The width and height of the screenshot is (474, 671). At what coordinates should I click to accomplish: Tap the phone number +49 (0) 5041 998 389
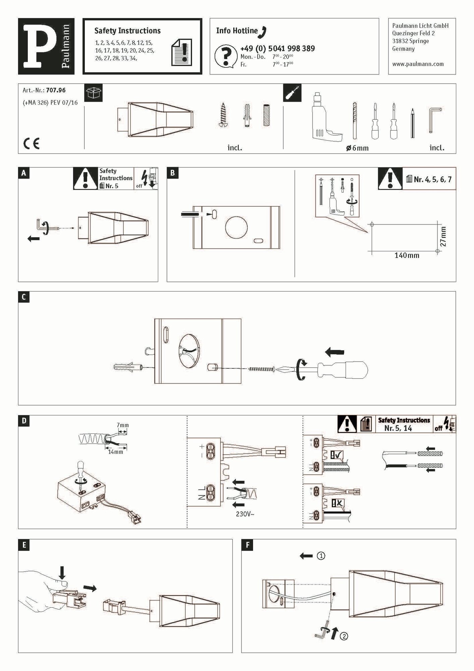pos(277,49)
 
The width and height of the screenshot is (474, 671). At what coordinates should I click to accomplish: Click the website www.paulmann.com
pos(418,64)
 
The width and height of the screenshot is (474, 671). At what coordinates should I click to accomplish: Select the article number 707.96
pos(56,90)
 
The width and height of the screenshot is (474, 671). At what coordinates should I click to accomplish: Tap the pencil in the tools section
pos(412,123)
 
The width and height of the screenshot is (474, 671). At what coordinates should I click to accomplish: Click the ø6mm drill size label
pos(357,148)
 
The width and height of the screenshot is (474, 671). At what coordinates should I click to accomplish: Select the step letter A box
pos(23,173)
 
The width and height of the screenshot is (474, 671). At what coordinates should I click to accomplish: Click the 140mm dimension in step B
pos(407,256)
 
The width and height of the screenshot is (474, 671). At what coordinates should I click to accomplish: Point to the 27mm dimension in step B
pos(443,237)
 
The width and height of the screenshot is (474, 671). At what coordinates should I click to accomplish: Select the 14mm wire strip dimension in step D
pos(115,452)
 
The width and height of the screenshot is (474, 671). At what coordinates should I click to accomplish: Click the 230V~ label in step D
pos(245,514)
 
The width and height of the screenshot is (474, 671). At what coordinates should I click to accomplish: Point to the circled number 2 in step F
pos(344,636)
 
